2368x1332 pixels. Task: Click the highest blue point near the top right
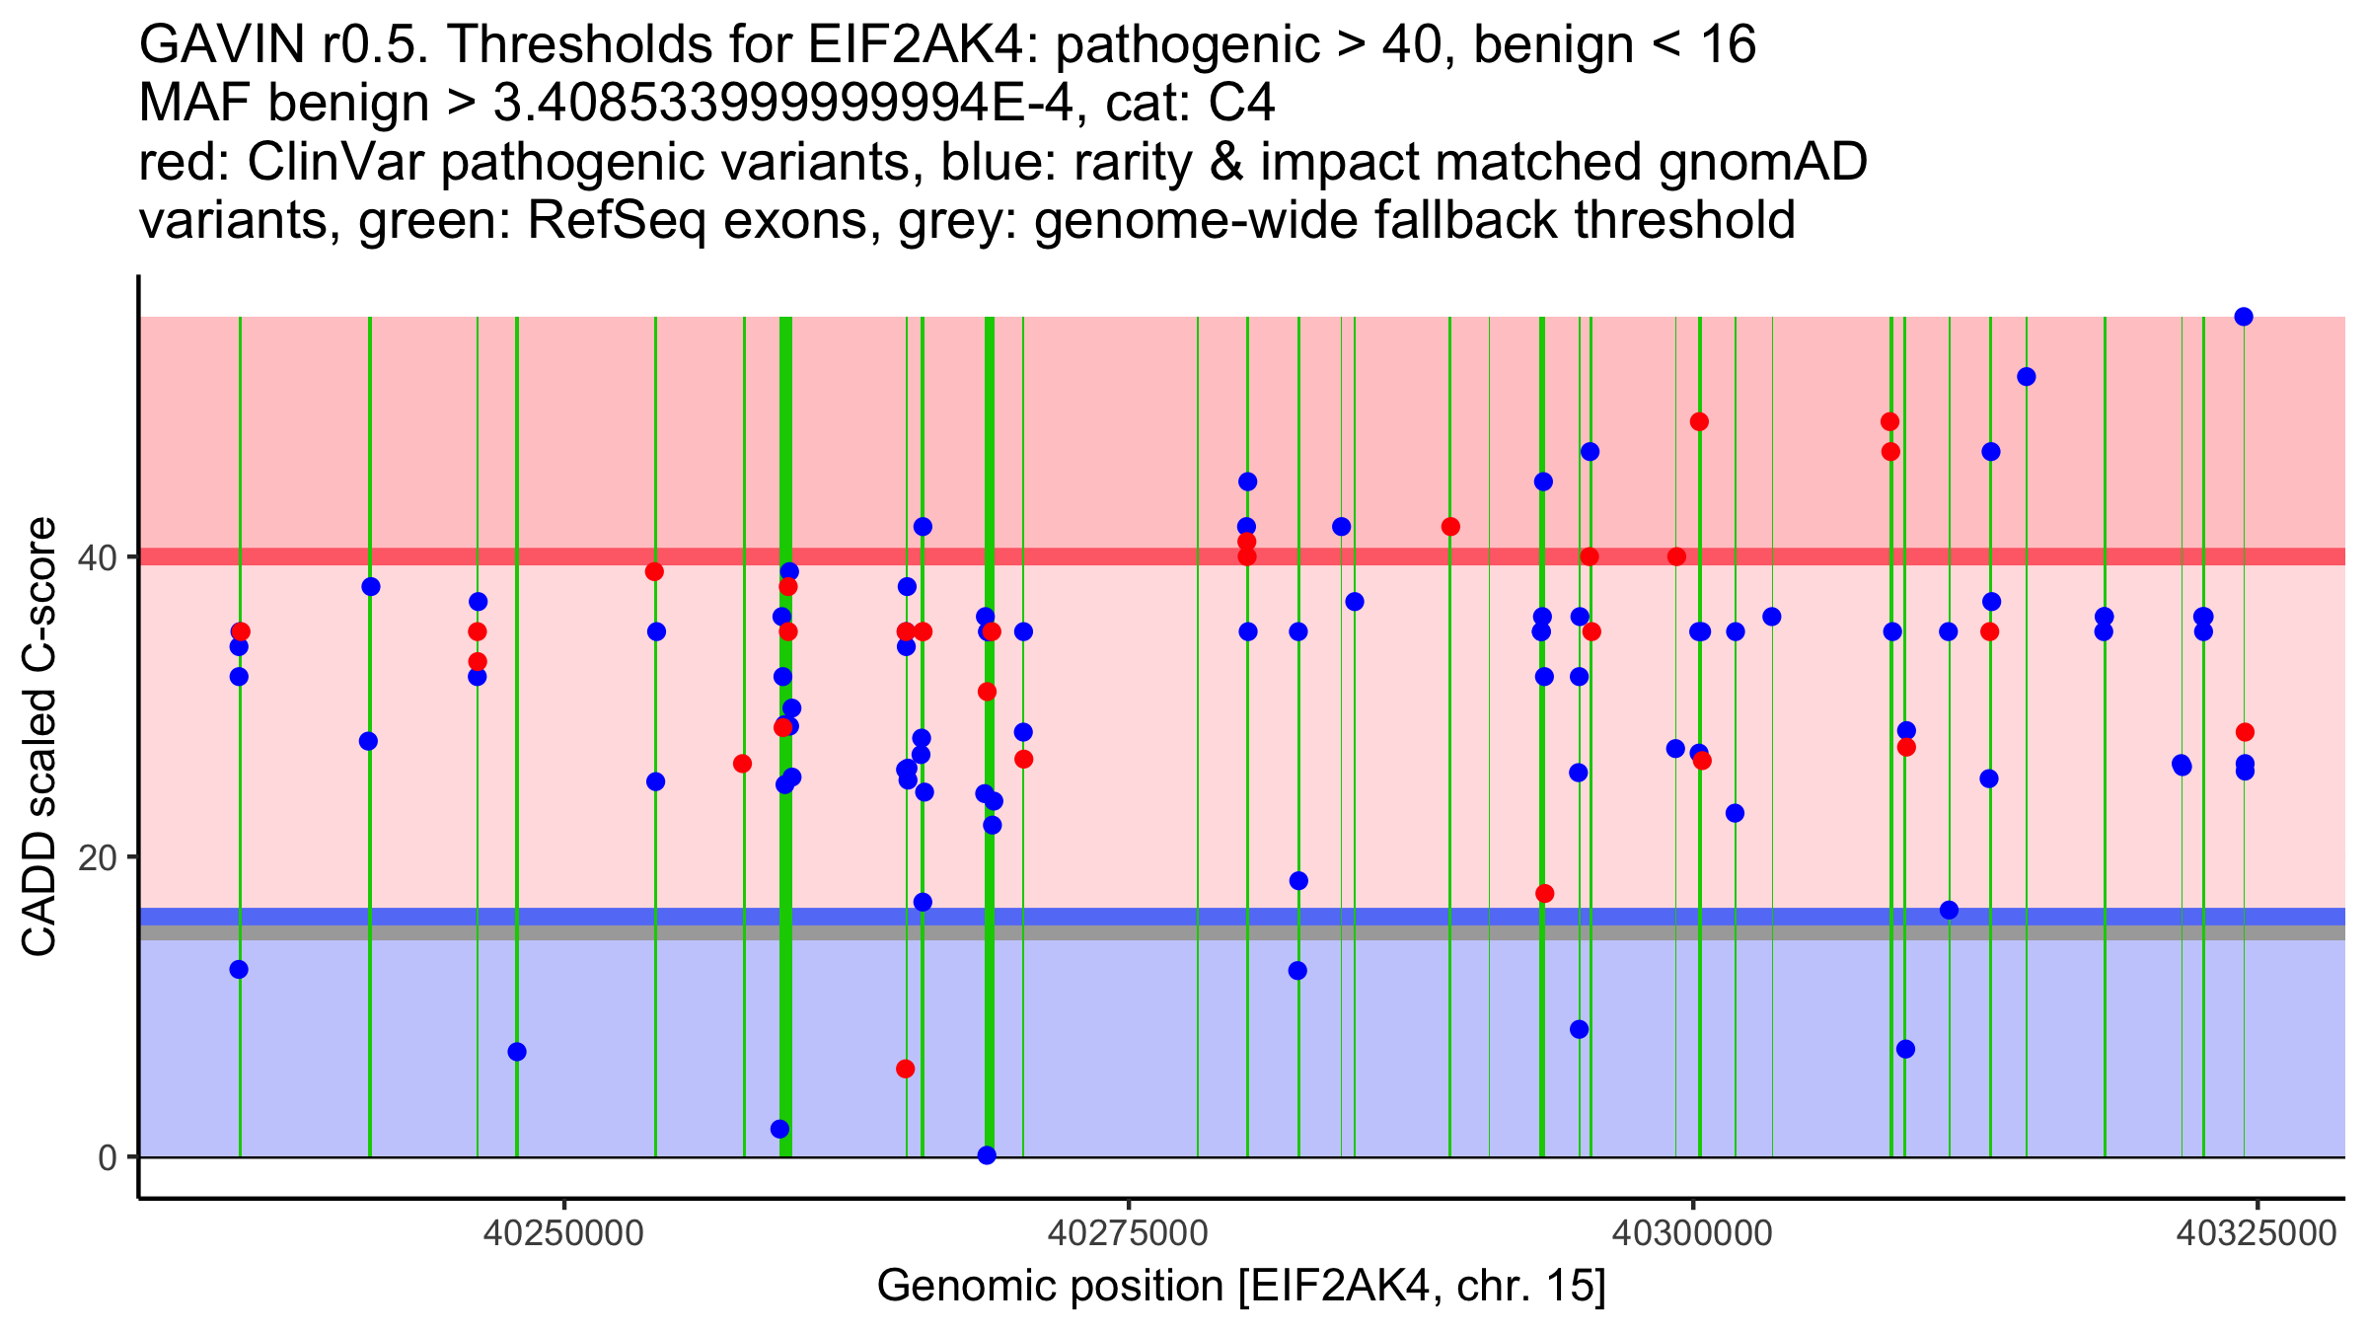[2244, 317]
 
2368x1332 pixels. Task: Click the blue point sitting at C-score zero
[987, 1155]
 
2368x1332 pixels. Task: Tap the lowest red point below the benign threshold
[905, 1069]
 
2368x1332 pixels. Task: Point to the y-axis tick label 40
[97, 557]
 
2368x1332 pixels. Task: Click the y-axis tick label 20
[97, 857]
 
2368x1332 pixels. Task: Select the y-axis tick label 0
[108, 1157]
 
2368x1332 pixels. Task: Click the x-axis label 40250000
[563, 1233]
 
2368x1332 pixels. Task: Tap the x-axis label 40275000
[1128, 1233]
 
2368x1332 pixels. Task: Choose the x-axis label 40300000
[1693, 1233]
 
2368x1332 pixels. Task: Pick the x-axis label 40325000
[2257, 1233]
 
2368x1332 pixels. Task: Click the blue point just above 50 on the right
[2027, 377]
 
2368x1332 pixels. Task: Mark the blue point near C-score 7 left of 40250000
[517, 1052]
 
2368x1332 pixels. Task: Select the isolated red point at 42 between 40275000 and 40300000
[1450, 527]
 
